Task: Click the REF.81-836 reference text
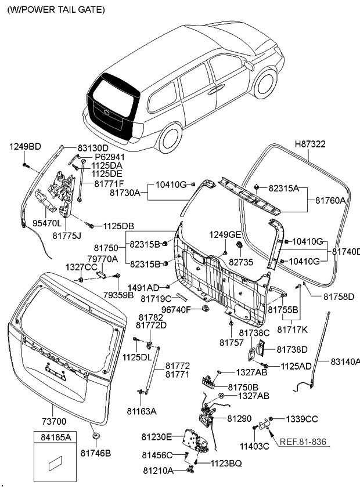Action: [303, 442]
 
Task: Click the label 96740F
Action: [176, 309]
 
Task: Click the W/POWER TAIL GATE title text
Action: [56, 10]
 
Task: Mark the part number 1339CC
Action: [301, 418]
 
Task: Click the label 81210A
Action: [158, 470]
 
